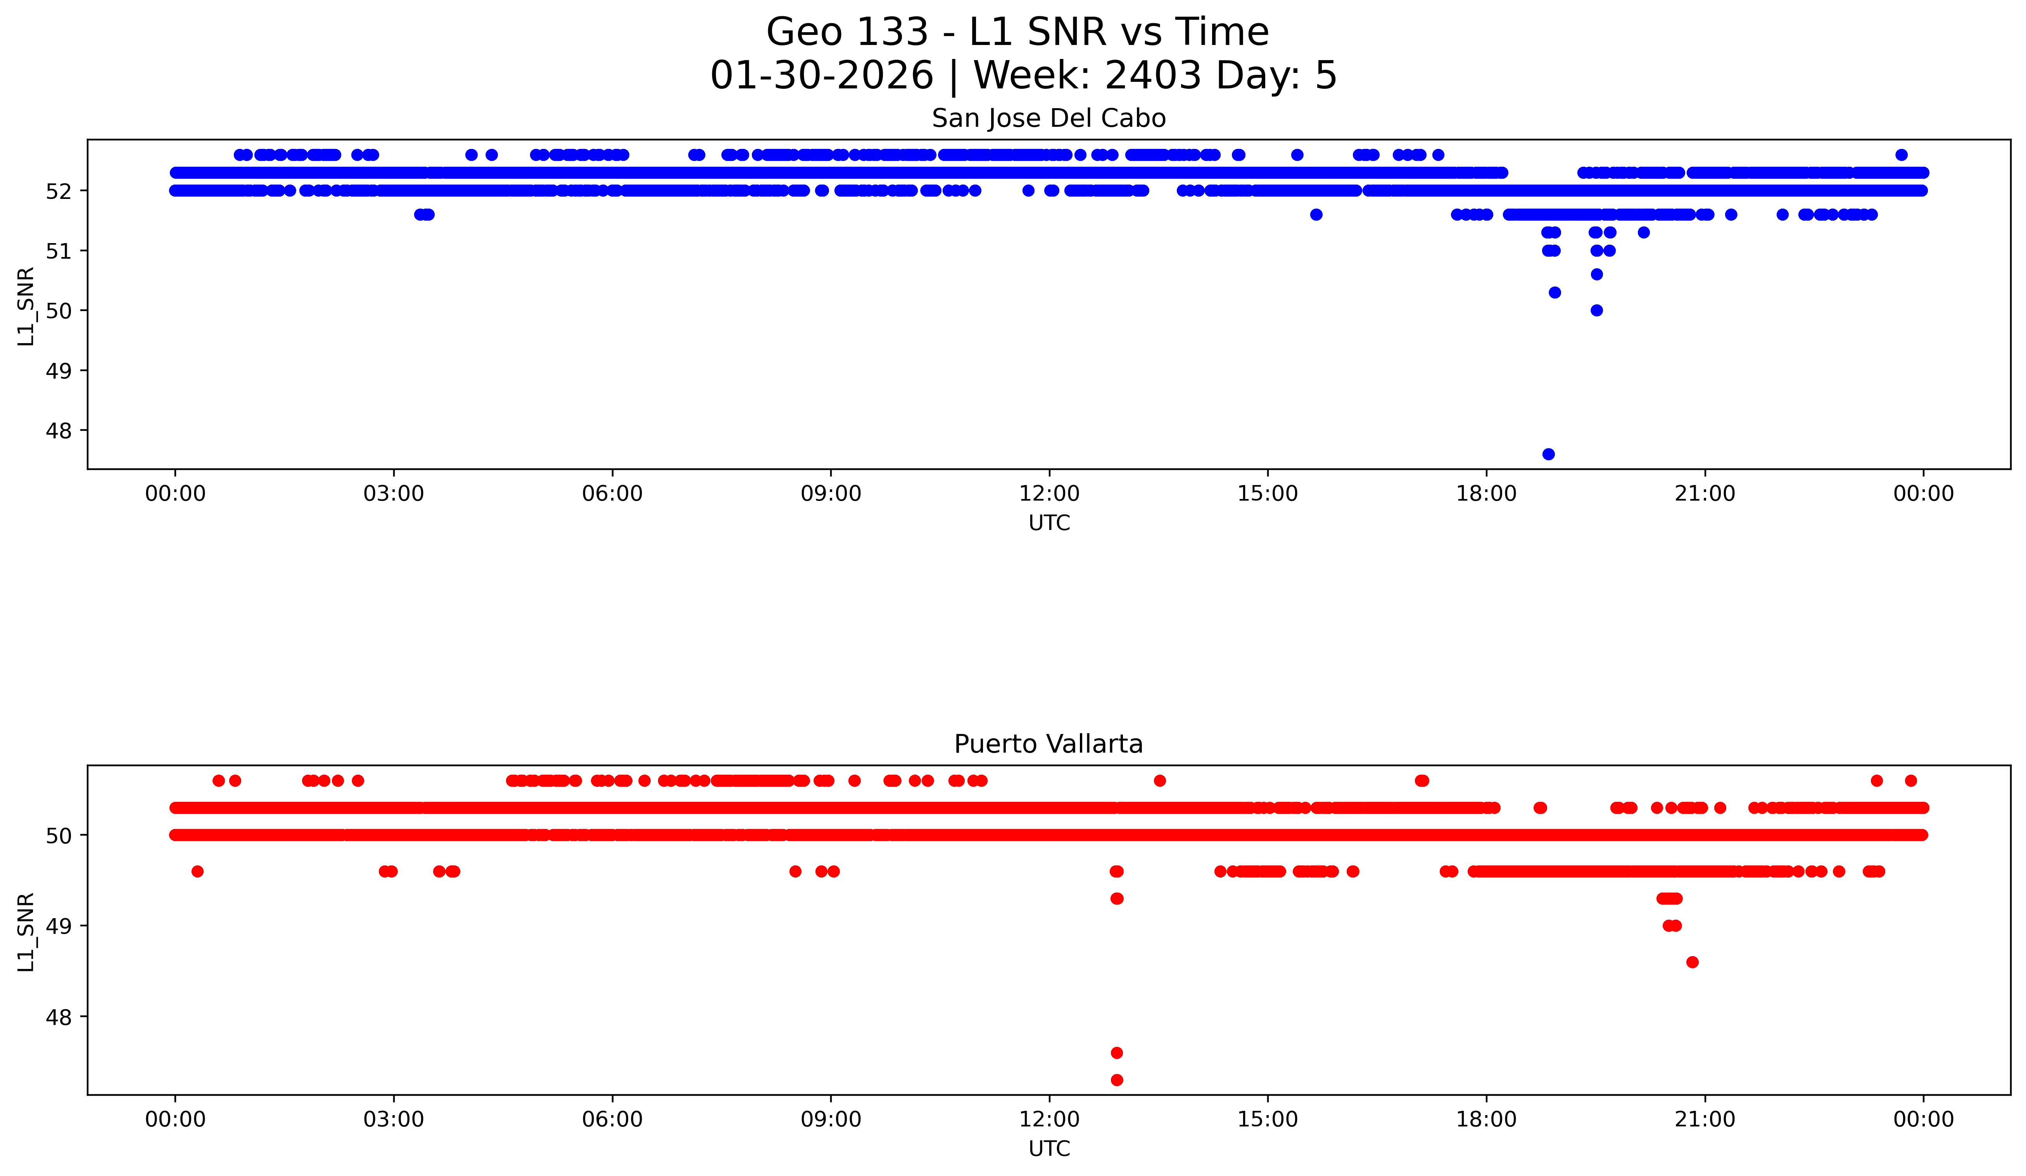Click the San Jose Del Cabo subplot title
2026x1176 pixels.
point(1048,119)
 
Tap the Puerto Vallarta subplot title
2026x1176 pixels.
point(1048,744)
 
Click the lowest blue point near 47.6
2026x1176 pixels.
point(1548,454)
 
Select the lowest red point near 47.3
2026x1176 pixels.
point(1117,1079)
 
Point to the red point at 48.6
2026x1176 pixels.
point(1693,962)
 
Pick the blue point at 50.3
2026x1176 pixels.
point(1555,293)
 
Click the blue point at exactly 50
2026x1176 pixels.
point(1597,310)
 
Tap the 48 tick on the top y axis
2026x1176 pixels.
point(58,431)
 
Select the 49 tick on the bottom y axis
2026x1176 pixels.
point(58,926)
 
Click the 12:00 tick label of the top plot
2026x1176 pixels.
point(1049,494)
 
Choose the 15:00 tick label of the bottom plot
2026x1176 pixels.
point(1268,1119)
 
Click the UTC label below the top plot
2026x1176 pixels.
point(1049,523)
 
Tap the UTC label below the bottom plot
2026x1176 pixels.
point(1049,1149)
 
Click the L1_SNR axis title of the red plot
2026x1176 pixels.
point(26,932)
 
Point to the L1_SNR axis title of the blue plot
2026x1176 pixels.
point(26,306)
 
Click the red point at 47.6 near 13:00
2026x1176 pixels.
point(1117,1053)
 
